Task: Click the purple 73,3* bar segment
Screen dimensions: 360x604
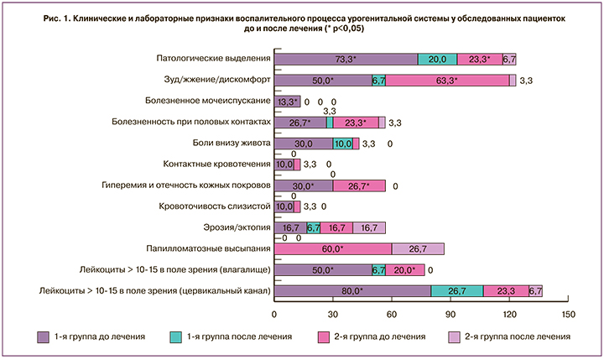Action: coord(346,59)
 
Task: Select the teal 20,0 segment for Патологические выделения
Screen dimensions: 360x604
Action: coord(437,59)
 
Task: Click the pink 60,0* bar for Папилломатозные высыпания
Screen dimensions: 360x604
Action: coord(333,248)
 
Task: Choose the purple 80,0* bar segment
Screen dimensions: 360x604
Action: coord(353,291)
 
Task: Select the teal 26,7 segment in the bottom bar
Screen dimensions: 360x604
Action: coord(457,291)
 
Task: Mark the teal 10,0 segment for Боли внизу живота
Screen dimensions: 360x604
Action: coord(342,143)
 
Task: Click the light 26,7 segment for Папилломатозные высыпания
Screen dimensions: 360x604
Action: coord(418,248)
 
